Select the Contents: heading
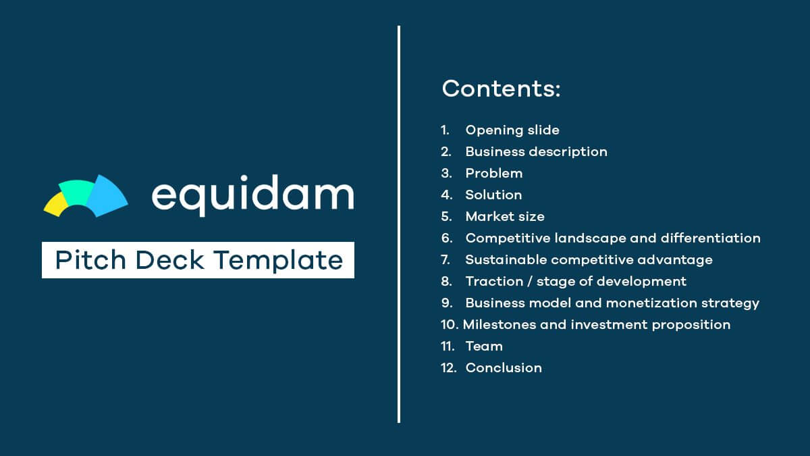(x=501, y=88)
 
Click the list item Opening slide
(x=512, y=130)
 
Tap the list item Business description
(x=536, y=151)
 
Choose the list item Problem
(x=493, y=173)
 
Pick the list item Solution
(x=493, y=195)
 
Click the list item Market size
(x=504, y=216)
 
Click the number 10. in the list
(x=450, y=324)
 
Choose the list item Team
(x=484, y=346)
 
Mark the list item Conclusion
(x=504, y=368)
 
